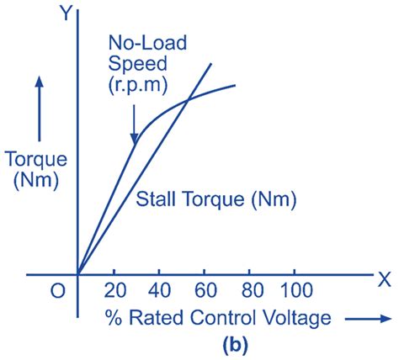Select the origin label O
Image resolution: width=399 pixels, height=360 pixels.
(56, 292)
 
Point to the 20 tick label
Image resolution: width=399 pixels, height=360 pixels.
(114, 292)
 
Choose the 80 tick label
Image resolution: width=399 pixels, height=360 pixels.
(250, 292)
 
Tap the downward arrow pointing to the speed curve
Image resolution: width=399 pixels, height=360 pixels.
(133, 126)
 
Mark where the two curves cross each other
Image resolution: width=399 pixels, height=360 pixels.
(186, 99)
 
